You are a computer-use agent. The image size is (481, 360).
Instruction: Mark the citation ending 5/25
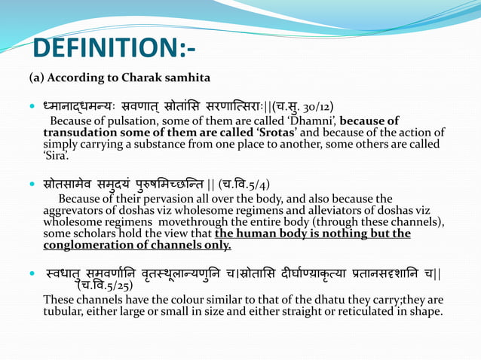coord(106,285)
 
